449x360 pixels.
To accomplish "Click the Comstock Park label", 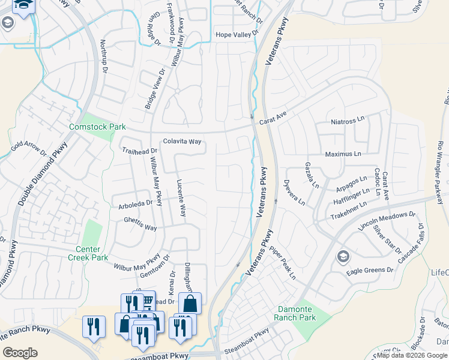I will [x=97, y=127].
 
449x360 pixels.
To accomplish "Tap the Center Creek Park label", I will [x=92, y=253].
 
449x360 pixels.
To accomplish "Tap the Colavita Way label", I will [x=182, y=142].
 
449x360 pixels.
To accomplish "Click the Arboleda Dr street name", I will [x=136, y=204].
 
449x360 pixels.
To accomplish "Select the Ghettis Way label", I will [x=140, y=227].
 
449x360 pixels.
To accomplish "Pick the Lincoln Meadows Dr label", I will [x=387, y=221].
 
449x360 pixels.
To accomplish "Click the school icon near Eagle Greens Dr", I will [x=343, y=257].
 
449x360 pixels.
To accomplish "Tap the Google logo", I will [x=20, y=353].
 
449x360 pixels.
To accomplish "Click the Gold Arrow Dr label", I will [x=29, y=148].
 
